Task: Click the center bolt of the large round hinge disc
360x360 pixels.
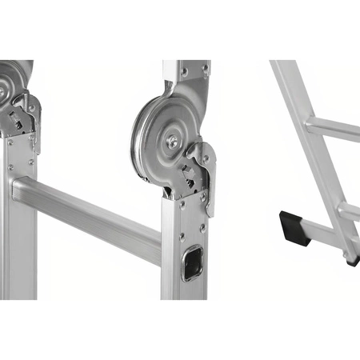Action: tap(172, 142)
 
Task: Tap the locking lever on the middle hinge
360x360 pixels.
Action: tap(205, 172)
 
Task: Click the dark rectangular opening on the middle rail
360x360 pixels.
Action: tap(192, 262)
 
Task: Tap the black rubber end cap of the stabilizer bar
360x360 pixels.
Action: tap(294, 227)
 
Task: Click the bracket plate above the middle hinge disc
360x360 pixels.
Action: tap(188, 76)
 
